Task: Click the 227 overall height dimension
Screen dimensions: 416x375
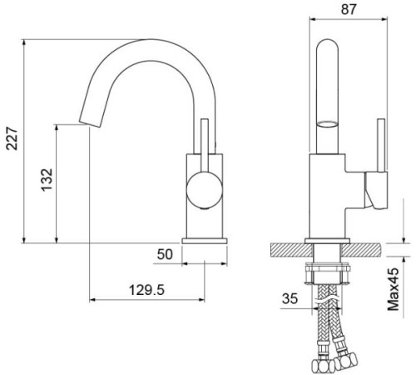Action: pyautogui.click(x=12, y=138)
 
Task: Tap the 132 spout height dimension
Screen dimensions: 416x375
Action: pyautogui.click(x=47, y=180)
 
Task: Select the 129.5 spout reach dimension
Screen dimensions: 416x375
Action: pyautogui.click(x=146, y=290)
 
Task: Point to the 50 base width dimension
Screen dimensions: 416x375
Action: pyautogui.click(x=165, y=254)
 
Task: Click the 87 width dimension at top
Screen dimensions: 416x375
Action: pyautogui.click(x=349, y=9)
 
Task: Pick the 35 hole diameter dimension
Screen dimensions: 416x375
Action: pyautogui.click(x=290, y=298)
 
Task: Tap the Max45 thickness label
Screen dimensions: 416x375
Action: pyautogui.click(x=393, y=289)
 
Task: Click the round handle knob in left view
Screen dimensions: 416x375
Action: pyautogui.click(x=205, y=190)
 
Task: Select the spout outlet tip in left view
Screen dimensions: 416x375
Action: pyautogui.click(x=90, y=124)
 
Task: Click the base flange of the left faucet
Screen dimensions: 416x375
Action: pyautogui.click(x=205, y=241)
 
